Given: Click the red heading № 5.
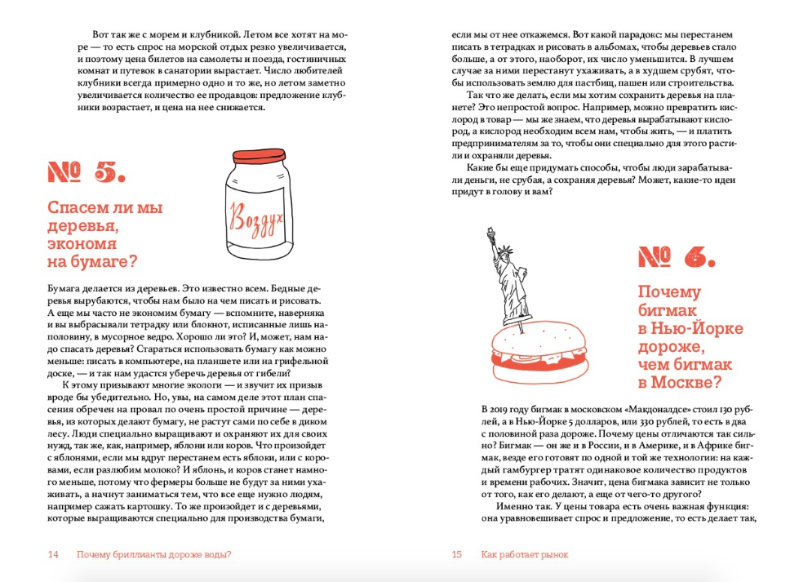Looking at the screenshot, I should coord(86,171).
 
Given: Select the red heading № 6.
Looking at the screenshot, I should coord(677,258).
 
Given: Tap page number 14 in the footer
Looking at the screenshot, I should coord(53,555).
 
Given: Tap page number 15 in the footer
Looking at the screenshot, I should coord(457,555).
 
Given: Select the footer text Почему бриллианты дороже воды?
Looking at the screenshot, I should coord(153,555).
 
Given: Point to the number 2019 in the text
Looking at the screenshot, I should coord(497,408).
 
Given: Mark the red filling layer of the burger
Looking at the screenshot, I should coord(540,359).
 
